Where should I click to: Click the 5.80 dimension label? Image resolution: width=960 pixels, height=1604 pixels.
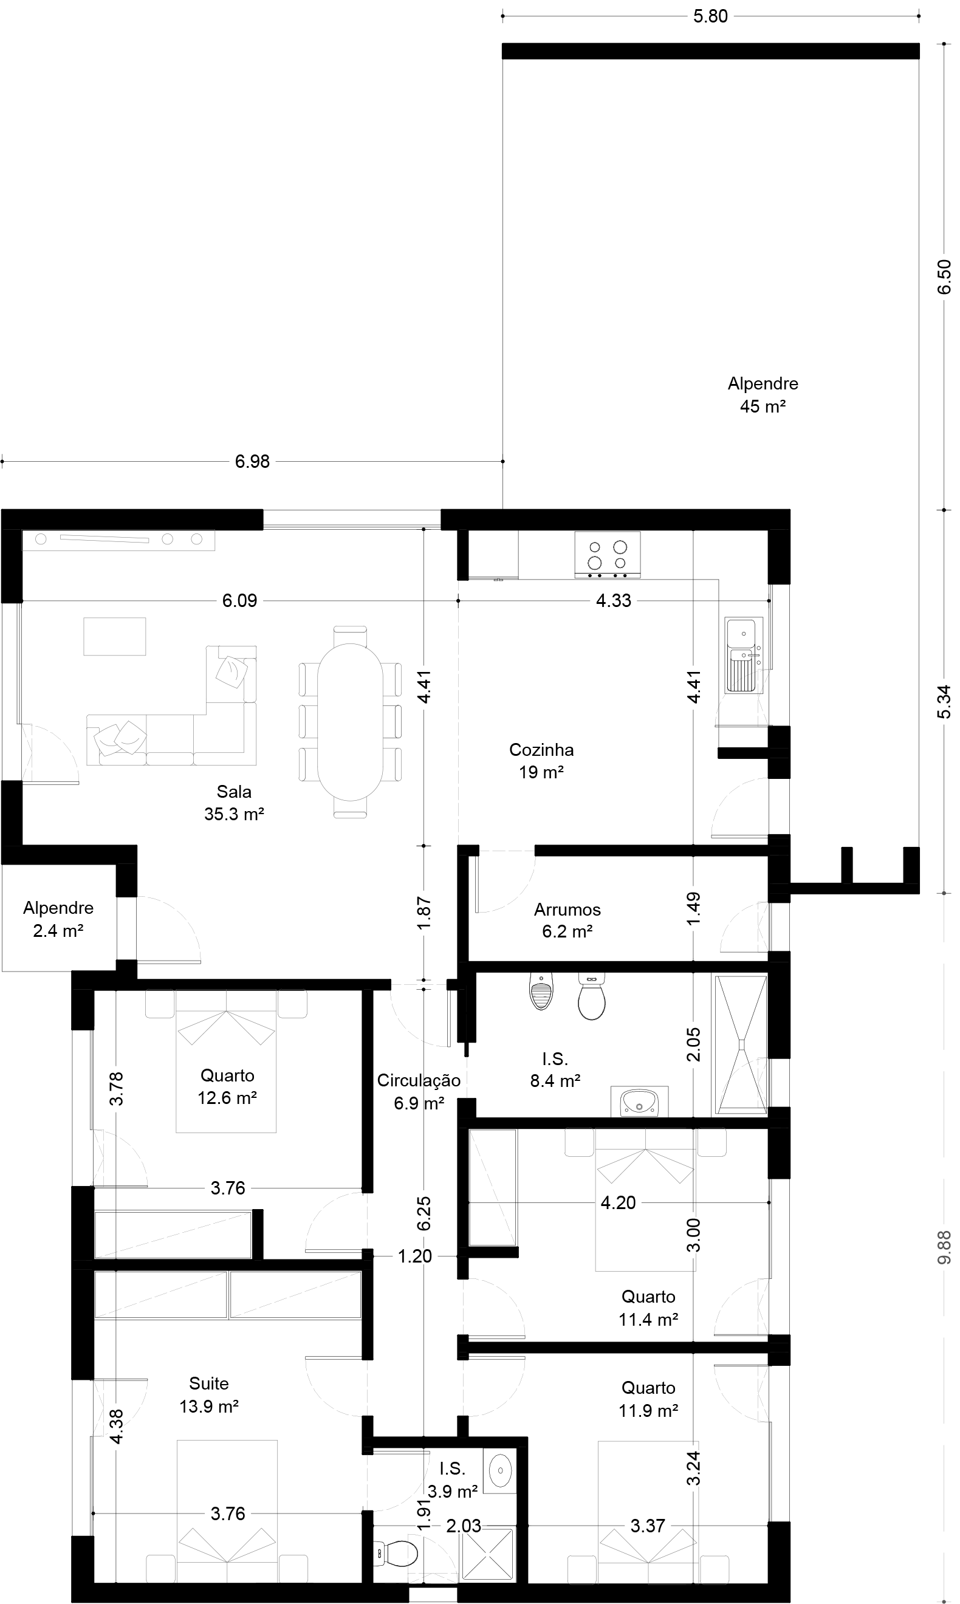(x=710, y=17)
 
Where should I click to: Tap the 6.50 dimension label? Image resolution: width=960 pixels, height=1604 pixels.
(x=944, y=277)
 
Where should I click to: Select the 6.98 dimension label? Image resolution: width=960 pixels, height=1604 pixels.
(x=252, y=462)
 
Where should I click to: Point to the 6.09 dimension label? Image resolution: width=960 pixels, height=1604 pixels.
(x=240, y=601)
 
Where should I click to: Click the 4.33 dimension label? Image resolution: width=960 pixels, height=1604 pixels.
(x=613, y=601)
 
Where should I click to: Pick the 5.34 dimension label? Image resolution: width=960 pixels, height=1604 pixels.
(x=944, y=702)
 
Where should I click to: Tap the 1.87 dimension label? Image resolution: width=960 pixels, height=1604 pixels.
(x=423, y=913)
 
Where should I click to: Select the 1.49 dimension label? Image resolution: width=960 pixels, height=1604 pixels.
(x=693, y=909)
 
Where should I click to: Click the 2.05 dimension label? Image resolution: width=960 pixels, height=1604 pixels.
(x=693, y=1044)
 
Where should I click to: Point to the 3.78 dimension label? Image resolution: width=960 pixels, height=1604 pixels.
(x=116, y=1089)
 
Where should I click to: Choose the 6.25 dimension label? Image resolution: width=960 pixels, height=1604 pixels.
(x=423, y=1214)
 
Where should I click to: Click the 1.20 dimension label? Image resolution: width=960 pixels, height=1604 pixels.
(x=414, y=1256)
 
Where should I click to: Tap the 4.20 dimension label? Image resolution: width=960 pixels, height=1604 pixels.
(x=619, y=1202)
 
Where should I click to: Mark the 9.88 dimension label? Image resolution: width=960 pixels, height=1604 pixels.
(x=944, y=1247)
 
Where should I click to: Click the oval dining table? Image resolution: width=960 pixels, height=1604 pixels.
(x=350, y=721)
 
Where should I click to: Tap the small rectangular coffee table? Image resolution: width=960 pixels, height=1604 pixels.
(x=114, y=636)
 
